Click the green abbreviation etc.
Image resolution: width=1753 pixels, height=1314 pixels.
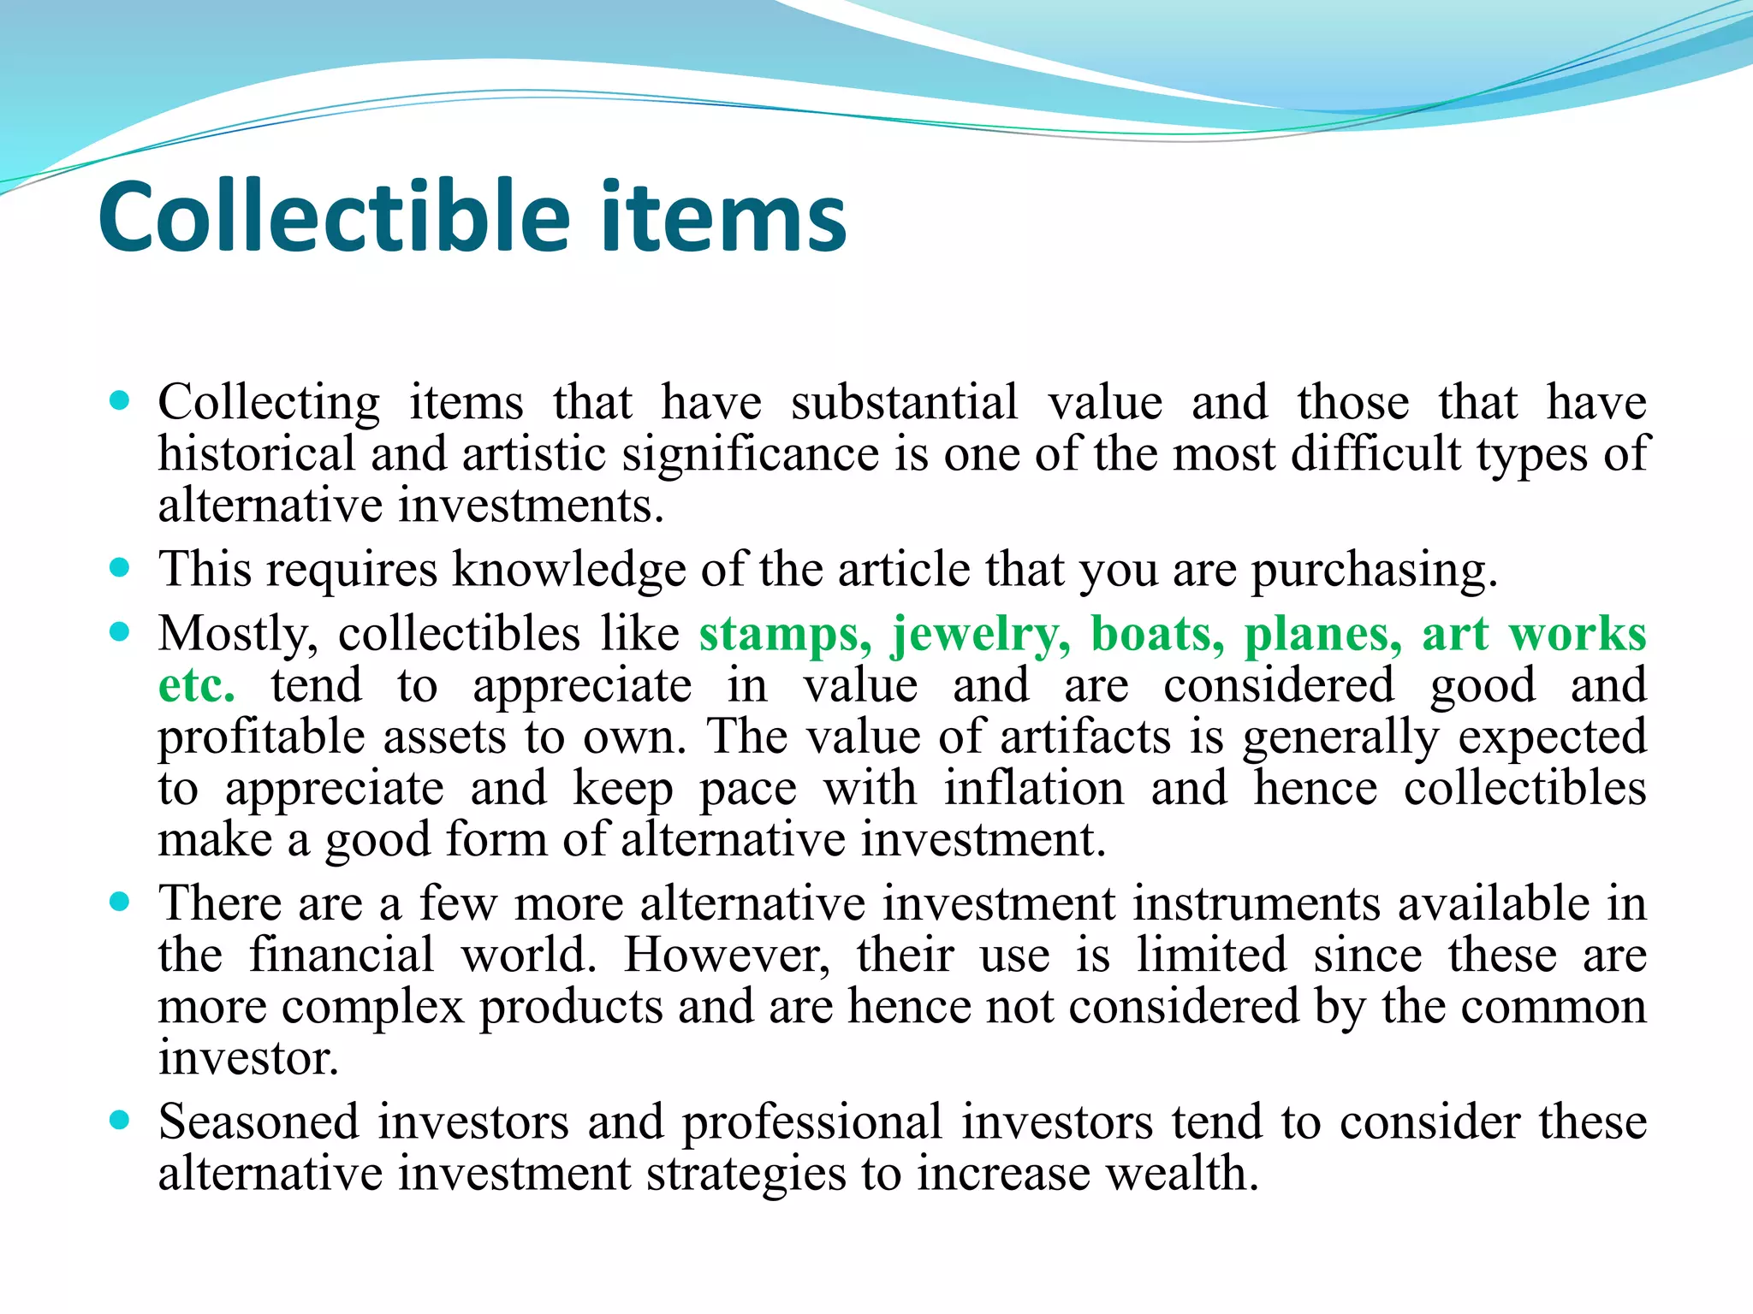click(196, 686)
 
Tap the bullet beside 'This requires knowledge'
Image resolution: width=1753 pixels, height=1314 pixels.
click(120, 567)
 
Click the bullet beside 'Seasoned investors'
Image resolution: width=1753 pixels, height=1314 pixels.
click(120, 1119)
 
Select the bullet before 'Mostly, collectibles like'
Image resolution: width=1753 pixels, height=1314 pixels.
click(120, 632)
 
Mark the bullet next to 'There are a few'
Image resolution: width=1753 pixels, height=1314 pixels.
click(120, 901)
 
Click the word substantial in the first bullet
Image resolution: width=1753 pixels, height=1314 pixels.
click(905, 402)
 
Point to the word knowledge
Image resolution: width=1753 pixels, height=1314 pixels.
click(569, 570)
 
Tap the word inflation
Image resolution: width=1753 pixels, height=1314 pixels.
click(1034, 788)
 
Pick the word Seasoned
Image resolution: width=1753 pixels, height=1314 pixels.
click(258, 1122)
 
